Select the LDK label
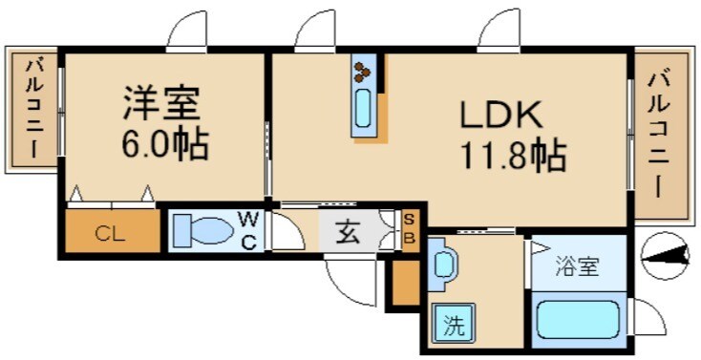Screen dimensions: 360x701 click(502, 116)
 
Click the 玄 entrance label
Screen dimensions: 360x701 click(348, 232)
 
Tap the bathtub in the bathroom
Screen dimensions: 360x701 click(578, 319)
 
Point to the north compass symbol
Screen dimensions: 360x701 click(667, 255)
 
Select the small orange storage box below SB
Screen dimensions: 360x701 click(405, 283)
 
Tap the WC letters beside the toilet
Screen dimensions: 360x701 click(246, 230)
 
